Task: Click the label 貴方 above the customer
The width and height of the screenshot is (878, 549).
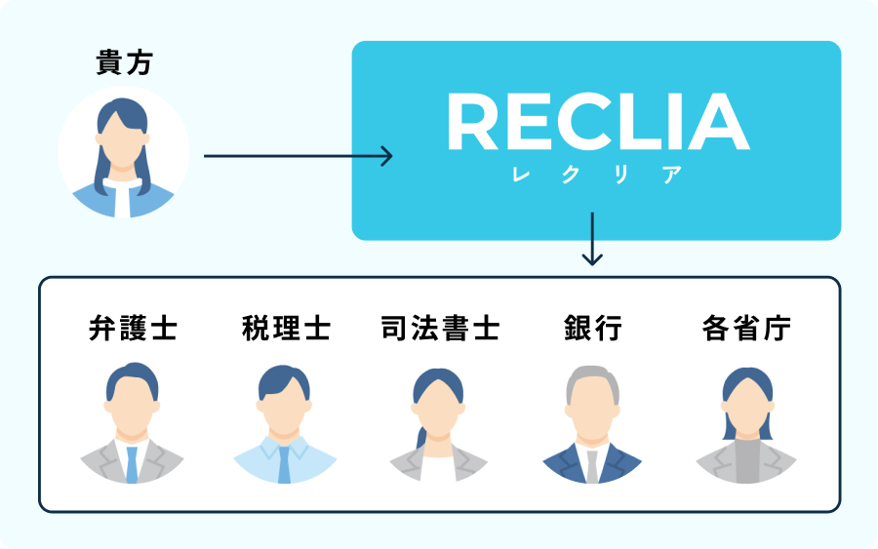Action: pyautogui.click(x=124, y=63)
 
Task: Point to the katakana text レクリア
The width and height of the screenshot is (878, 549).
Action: pyautogui.click(x=597, y=176)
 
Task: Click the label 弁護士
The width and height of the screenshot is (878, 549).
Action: pyautogui.click(x=133, y=328)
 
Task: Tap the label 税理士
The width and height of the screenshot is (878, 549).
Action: pyautogui.click(x=286, y=328)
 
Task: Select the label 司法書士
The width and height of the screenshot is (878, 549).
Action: pyautogui.click(x=439, y=328)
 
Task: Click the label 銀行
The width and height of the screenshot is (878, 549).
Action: pyautogui.click(x=592, y=328)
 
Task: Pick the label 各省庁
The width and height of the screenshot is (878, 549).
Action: pyautogui.click(x=746, y=328)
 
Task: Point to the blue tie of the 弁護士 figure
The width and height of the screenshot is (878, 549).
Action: pyautogui.click(x=132, y=463)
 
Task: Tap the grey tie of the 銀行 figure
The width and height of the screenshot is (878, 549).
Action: pyautogui.click(x=592, y=466)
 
